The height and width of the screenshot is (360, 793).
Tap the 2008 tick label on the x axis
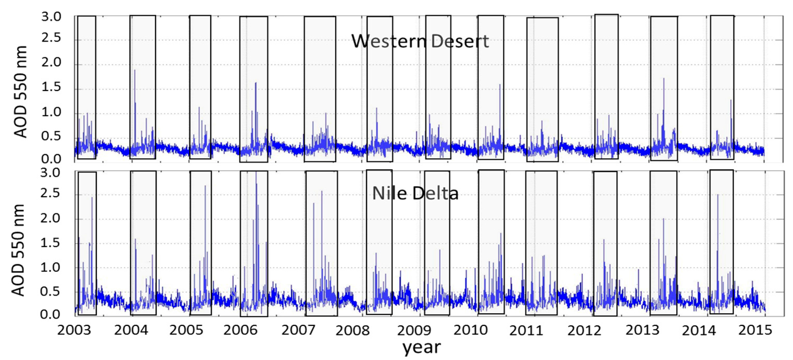(352, 331)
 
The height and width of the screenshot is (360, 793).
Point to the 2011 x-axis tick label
(526, 331)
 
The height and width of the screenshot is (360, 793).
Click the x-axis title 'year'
(422, 347)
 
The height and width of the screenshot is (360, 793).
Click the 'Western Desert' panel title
(420, 41)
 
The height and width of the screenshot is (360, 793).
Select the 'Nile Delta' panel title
(415, 193)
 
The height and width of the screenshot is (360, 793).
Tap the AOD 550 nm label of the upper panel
(21, 92)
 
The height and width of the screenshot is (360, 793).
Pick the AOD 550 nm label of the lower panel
(18, 250)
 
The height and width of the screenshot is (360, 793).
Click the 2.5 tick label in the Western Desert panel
(51, 39)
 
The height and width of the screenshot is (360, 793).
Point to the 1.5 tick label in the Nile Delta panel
(50, 243)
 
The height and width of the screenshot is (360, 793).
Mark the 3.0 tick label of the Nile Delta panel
(50, 173)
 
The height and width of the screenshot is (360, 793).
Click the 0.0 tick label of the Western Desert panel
(51, 159)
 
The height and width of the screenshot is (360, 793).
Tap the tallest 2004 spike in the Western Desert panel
(135, 71)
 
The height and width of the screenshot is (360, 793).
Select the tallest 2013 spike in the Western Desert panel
(664, 79)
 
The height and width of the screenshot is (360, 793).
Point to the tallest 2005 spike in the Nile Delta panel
(205, 186)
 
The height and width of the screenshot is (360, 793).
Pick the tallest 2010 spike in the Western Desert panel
(500, 85)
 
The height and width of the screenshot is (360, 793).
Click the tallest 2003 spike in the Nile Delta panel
(92, 198)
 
